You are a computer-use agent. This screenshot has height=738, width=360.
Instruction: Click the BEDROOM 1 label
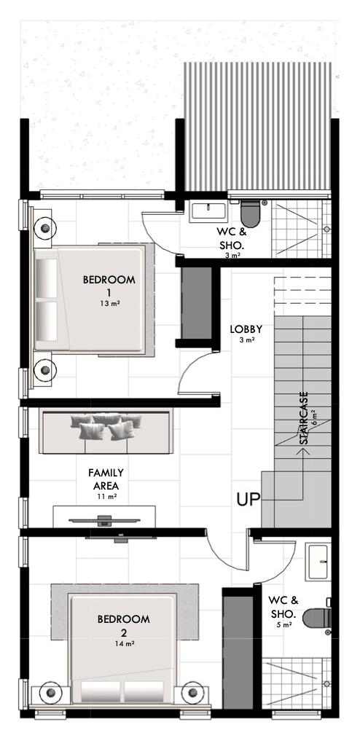[109, 286]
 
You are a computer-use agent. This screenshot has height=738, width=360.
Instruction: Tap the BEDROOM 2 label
[123, 624]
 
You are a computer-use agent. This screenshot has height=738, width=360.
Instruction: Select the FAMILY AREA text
[106, 479]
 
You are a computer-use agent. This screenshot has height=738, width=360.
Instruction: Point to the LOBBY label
[246, 329]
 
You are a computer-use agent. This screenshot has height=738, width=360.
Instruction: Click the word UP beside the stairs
[248, 499]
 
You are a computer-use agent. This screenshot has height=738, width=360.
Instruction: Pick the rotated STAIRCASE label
[304, 418]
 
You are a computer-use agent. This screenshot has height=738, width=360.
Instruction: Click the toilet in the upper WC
[250, 213]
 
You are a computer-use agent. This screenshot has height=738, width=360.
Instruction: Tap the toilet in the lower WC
[317, 618]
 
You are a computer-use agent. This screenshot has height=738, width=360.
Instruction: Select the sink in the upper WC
[208, 211]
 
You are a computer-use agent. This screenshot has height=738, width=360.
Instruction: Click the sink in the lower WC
[318, 562]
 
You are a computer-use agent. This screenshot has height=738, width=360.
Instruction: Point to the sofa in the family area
[106, 431]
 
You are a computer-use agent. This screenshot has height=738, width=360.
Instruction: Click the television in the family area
[104, 521]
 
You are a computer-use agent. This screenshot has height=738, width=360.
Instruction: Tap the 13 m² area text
[109, 303]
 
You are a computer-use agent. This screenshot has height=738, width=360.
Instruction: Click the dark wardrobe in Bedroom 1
[196, 302]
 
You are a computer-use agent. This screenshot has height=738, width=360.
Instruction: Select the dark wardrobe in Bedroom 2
[238, 652]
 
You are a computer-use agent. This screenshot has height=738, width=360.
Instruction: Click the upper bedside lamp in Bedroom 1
[45, 228]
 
